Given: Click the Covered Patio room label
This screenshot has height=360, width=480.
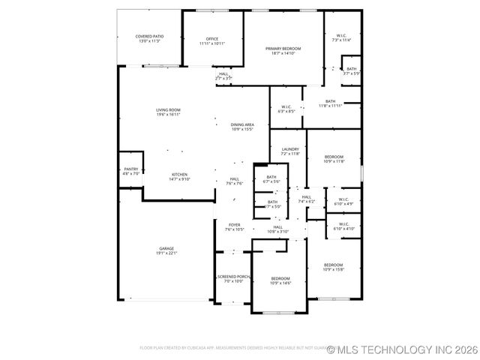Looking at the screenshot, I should click(149, 37).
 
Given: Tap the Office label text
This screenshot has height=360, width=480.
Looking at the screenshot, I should click(212, 39).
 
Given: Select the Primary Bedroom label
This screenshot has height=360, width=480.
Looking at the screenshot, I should click(283, 49).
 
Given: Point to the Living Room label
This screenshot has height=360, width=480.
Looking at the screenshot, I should click(168, 110).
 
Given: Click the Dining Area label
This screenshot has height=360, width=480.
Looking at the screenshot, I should click(242, 124).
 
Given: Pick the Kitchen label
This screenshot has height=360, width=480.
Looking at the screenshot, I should click(179, 174).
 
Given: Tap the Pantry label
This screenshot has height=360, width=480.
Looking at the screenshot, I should click(130, 169).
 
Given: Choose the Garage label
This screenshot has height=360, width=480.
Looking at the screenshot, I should click(166, 248).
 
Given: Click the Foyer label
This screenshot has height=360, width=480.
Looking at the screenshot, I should click(235, 224).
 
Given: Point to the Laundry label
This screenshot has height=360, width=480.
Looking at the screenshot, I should click(290, 149).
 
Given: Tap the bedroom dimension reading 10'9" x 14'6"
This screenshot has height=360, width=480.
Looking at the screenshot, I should click(280, 283).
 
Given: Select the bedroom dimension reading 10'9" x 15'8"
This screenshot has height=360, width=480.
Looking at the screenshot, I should click(333, 269).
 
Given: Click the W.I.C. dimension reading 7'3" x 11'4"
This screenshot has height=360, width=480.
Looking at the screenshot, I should click(341, 40).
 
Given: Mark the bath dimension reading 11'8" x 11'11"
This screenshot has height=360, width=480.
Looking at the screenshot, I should click(330, 106).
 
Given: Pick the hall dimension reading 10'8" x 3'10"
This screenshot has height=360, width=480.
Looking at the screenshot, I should click(277, 232).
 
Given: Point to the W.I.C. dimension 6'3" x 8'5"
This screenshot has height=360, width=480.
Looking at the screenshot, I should click(286, 112).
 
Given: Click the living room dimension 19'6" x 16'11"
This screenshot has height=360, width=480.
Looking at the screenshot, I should click(168, 115).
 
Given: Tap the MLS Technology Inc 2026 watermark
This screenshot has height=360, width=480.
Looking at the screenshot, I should click(397, 349).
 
